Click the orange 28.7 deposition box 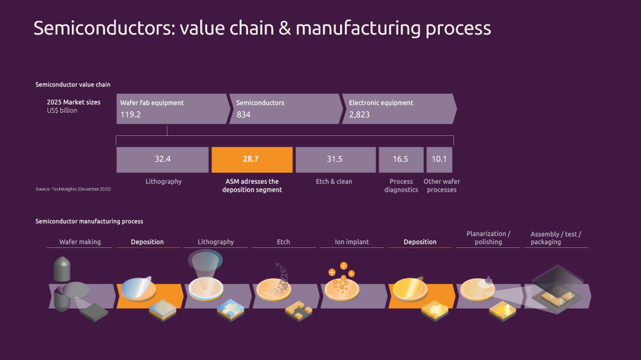tap(252, 160)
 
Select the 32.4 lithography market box tap(163, 160)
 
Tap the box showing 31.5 tap(335, 160)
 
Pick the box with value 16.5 tap(401, 160)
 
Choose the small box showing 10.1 tap(440, 160)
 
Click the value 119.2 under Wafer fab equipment tap(131, 114)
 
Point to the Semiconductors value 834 tap(243, 114)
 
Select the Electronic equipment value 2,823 tap(359, 114)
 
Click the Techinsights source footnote tap(73, 189)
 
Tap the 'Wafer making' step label tap(80, 242)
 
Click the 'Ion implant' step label tap(353, 242)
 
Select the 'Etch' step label tap(283, 242)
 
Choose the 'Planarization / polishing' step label tap(488, 238)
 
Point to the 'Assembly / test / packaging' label tap(556, 238)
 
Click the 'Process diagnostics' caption tap(401, 186)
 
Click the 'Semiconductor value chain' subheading tap(73, 85)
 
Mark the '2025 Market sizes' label tap(74, 102)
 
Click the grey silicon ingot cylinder tap(62, 269)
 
